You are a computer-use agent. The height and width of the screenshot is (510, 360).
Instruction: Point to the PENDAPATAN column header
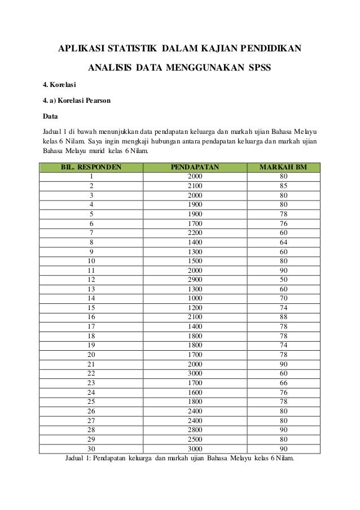coord(195,167)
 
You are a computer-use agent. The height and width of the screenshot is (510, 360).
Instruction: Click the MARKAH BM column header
coord(283,167)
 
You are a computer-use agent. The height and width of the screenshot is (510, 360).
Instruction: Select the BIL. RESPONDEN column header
coord(91,167)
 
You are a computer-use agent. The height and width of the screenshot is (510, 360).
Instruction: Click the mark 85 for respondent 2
coord(283,185)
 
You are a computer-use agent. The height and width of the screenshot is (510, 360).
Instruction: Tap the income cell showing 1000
coord(195,298)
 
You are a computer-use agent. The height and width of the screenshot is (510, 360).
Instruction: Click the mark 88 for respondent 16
coord(283,317)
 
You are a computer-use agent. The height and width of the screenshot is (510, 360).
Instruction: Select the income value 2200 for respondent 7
coord(195,232)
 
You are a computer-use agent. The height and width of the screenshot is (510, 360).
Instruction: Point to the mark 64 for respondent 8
coord(283,242)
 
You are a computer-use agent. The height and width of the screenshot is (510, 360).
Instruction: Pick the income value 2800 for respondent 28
coord(195,430)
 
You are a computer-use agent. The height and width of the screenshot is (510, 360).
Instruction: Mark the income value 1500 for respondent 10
coord(195,260)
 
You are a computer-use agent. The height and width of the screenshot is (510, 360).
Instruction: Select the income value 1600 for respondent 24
coord(195,392)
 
